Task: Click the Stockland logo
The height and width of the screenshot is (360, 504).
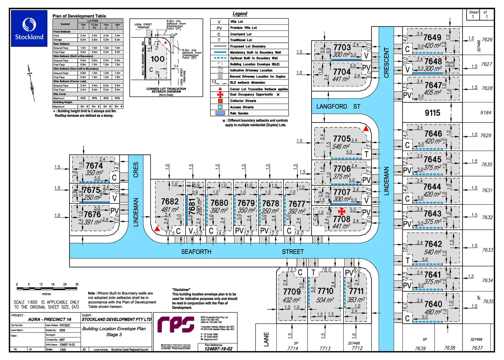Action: tap(29, 28)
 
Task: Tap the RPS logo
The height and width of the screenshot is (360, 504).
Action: tap(175, 324)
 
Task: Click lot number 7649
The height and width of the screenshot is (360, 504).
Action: tap(432, 37)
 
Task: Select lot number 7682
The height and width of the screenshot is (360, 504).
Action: tap(170, 201)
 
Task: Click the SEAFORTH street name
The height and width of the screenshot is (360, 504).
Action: tap(196, 252)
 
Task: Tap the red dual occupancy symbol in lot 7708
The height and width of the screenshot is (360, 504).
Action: tap(342, 211)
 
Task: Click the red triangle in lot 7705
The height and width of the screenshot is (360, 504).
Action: tap(366, 129)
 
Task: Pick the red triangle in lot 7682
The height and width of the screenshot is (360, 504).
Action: tap(157, 228)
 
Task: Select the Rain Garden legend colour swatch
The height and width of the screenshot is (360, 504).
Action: tap(220, 113)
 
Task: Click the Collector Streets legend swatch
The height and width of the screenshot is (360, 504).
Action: tap(220, 101)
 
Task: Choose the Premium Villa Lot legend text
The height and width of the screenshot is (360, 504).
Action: tap(243, 28)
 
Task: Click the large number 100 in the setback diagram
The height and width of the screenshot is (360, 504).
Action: tap(157, 59)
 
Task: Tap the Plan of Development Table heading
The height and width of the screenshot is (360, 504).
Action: tap(79, 16)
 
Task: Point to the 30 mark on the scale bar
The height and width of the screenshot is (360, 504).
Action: tap(77, 284)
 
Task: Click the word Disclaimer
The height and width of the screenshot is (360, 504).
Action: tap(181, 290)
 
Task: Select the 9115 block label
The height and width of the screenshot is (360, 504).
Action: tap(432, 113)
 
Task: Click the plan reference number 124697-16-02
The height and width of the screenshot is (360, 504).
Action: tap(218, 349)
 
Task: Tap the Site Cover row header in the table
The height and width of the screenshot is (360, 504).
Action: tap(60, 94)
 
